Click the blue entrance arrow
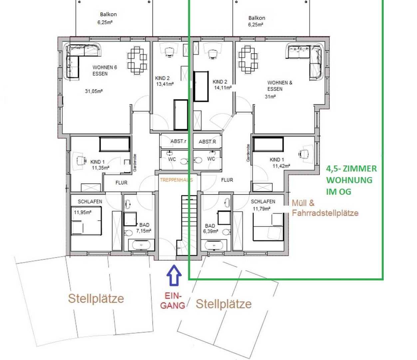174,275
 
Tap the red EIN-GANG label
173,301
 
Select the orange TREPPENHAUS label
176,180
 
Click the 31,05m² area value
94,91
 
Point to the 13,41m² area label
165,84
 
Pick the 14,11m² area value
223,88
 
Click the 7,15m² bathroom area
144,231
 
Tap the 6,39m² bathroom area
210,231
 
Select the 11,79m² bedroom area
261,209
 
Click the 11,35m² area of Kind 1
101,168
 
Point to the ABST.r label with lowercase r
178,141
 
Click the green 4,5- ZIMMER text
351,169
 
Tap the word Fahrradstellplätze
325,213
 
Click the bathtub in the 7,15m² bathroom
141,245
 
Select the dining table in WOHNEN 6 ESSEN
137,60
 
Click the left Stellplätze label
96,299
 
